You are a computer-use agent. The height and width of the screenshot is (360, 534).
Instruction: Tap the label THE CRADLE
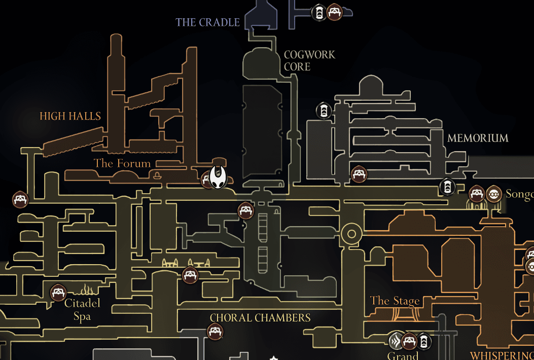click(x=207, y=22)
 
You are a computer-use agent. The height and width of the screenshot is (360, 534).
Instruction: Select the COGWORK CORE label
click(x=309, y=60)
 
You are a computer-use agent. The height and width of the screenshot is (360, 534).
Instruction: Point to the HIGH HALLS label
click(x=70, y=116)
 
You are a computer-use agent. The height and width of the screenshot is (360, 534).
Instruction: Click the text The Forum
click(x=122, y=163)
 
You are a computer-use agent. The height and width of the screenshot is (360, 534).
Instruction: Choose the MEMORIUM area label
click(x=477, y=138)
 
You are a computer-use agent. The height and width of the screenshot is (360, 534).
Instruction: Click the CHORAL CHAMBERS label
click(x=260, y=318)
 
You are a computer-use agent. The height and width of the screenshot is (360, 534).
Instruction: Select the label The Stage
click(x=395, y=301)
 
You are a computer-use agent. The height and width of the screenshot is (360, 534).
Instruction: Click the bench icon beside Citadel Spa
click(x=58, y=293)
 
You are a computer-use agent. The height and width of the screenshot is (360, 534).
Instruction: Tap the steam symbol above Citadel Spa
click(x=85, y=291)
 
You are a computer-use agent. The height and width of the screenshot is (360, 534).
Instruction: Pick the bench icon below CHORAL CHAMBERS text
click(x=215, y=332)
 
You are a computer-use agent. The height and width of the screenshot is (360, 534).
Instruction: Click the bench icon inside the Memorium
click(x=359, y=174)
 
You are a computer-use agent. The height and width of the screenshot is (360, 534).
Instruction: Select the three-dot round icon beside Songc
click(x=493, y=193)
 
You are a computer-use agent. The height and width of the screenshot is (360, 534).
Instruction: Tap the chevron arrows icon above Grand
click(x=396, y=340)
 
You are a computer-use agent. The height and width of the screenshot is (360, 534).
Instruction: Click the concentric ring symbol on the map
click(x=350, y=234)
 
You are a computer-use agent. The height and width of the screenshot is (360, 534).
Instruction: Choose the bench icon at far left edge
click(x=19, y=198)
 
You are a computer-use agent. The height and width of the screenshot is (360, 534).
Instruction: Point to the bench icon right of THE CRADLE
click(x=334, y=12)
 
